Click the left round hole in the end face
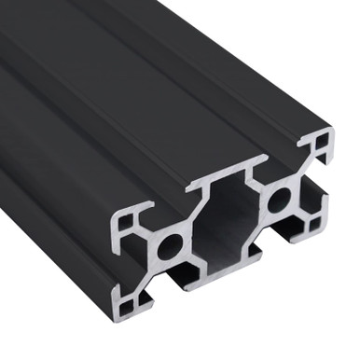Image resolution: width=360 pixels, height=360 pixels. [169, 248]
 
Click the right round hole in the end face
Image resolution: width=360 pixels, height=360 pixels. [279, 199]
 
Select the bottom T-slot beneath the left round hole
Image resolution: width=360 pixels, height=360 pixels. [187, 276]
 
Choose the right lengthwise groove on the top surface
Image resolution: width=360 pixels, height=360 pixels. [224, 84]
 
